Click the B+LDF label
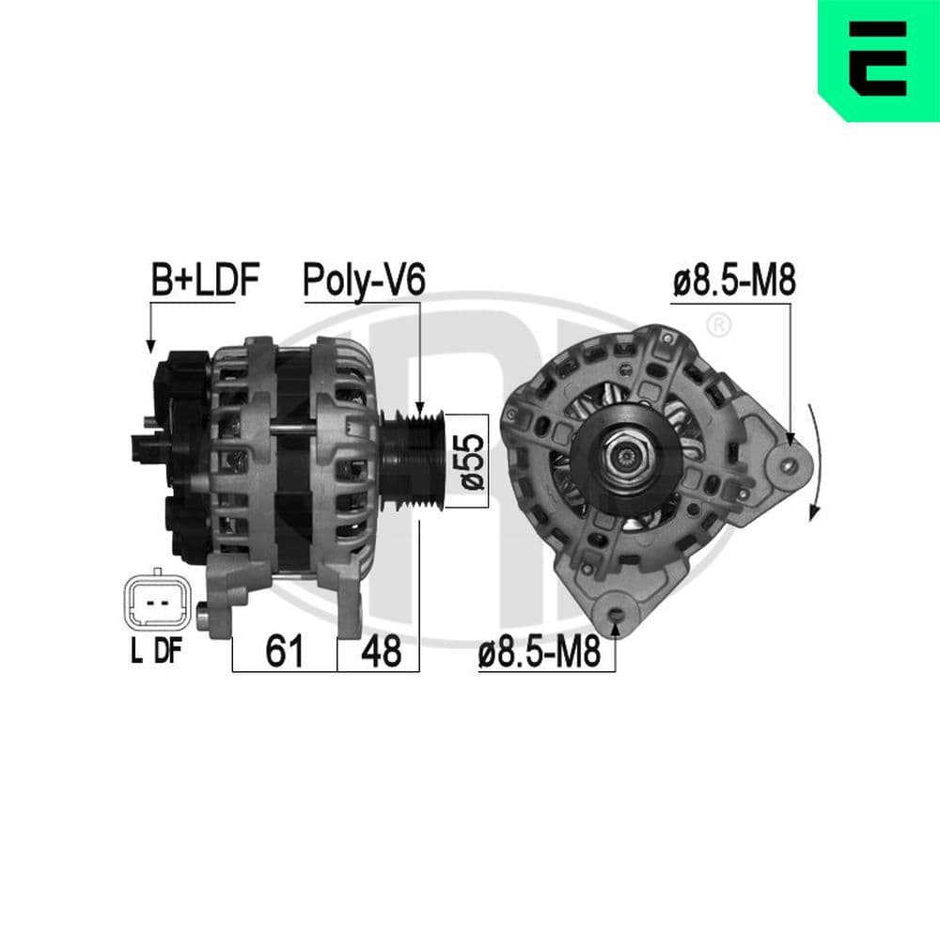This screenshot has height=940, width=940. coord(204,280)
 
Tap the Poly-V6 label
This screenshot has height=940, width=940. coord(365,280)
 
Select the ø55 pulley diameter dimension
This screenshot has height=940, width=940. coord(473,461)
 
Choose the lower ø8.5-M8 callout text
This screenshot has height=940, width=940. coord(539,652)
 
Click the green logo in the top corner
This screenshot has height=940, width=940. coord(879,61)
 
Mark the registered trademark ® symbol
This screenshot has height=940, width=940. coord(717,326)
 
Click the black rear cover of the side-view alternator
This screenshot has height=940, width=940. coord(179,451)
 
